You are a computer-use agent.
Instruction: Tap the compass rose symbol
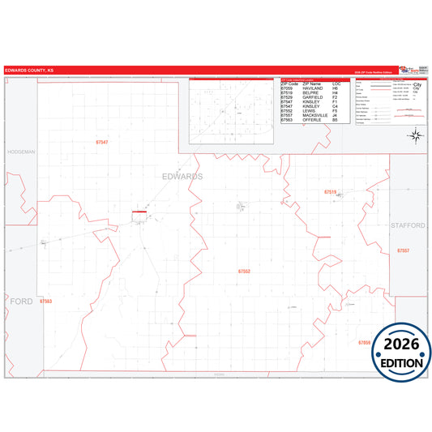415,135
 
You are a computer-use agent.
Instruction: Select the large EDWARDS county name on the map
182,176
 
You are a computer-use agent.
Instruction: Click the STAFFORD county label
407,225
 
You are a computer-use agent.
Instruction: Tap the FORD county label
22,301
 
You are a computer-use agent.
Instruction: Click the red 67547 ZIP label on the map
102,143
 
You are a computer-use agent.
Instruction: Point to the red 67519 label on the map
330,192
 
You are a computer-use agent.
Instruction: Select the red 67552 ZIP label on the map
244,271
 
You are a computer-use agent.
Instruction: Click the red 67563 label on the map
45,301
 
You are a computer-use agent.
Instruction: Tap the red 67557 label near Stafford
403,251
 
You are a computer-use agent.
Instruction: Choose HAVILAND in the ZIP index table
315,88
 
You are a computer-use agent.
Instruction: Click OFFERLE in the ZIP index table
314,119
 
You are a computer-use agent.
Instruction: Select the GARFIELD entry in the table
314,97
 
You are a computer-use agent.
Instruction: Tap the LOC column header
336,84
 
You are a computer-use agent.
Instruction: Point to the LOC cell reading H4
336,93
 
